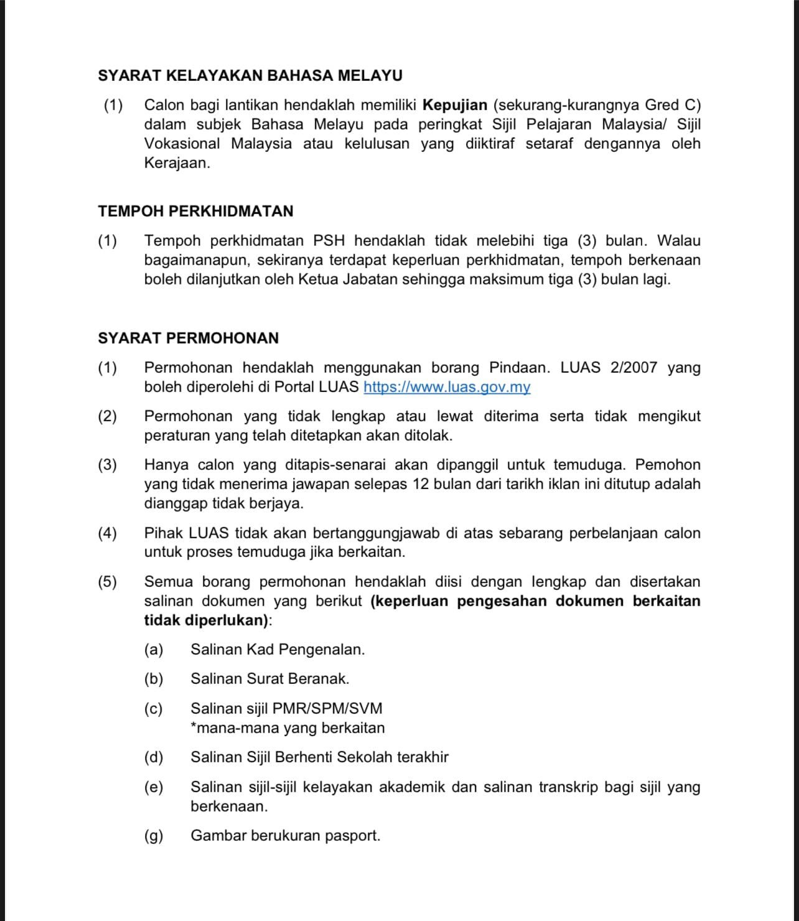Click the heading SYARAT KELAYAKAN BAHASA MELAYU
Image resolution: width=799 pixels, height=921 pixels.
250,76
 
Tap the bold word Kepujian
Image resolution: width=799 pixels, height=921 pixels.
455,105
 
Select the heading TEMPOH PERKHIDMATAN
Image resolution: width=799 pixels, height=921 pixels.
195,211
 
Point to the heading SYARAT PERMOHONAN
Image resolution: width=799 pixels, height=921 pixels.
188,338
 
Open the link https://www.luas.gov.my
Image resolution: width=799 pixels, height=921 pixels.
447,386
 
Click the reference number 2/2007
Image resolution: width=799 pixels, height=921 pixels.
633,367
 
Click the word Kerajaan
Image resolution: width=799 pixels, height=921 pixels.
177,163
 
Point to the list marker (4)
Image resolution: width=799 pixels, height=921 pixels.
107,533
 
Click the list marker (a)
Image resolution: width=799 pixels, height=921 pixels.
153,649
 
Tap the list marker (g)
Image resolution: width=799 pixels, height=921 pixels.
153,835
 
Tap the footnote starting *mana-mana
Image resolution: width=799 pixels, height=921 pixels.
287,727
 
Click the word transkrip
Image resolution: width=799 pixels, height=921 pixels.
565,787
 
